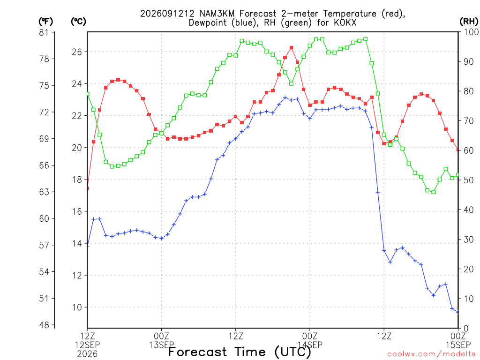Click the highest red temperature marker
pos(292,48)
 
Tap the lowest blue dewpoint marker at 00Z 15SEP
pos(457,312)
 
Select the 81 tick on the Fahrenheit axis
pos(44,32)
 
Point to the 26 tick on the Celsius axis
pos(77,52)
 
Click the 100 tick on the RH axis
pos(471,32)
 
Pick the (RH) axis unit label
pos(469,22)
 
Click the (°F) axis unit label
pos(45,22)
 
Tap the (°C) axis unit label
pos(78,22)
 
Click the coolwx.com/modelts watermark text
pos(431,354)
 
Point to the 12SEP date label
pos(88,345)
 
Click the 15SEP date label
pos(458,345)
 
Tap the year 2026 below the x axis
pos(88,354)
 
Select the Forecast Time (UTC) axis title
pos(240,352)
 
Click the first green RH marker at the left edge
pos(88,94)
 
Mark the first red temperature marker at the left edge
pos(88,188)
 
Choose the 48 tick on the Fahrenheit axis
pos(44,325)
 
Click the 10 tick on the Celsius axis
pos(77,307)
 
